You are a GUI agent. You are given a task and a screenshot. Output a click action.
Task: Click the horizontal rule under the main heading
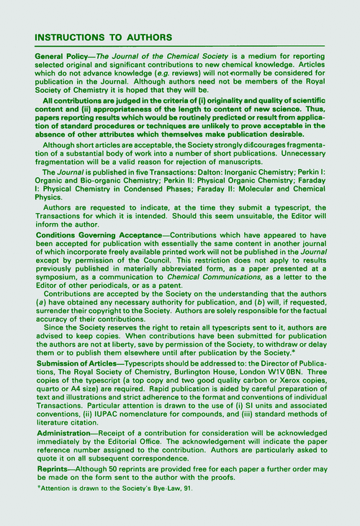coord(180,47)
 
